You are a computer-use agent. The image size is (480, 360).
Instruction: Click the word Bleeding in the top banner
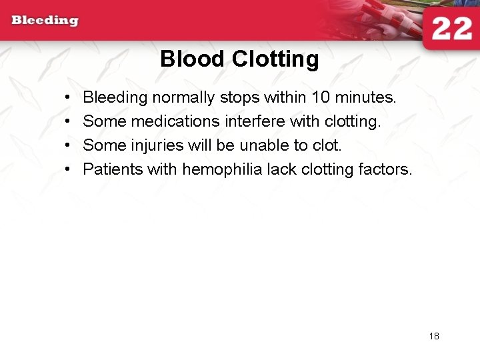coord(45,20)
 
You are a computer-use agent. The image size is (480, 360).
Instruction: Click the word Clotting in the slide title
coord(275,59)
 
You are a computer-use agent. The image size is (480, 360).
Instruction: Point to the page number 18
coord(434,336)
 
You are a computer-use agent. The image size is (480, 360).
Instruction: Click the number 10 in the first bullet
coord(321,97)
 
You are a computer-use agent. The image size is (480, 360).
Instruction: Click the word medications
coord(175,121)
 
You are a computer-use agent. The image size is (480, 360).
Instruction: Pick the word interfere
coord(255,121)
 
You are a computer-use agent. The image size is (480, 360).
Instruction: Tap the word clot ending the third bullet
coord(325,145)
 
